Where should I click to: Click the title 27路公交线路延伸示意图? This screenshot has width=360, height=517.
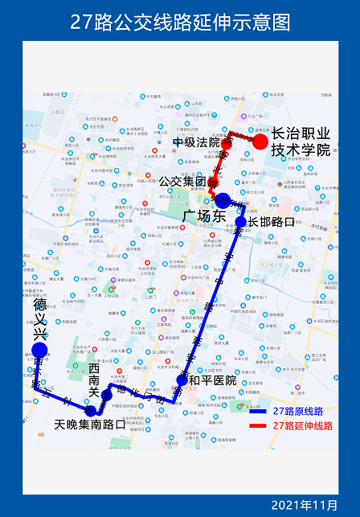[180, 22]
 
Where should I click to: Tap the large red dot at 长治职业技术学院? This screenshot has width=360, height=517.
[260, 142]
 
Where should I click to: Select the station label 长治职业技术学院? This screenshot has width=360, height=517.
[301, 142]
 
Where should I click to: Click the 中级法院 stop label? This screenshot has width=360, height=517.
[195, 143]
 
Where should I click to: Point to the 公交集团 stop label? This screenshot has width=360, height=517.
[182, 182]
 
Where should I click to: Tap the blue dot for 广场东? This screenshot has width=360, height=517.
[223, 200]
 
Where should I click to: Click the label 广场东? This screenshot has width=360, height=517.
[201, 216]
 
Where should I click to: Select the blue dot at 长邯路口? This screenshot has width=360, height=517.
[240, 222]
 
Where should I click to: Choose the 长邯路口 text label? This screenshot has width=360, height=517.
[272, 222]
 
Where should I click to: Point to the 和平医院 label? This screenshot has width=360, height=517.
[213, 380]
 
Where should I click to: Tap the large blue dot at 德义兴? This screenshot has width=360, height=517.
[39, 350]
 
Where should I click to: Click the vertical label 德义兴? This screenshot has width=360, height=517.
[39, 317]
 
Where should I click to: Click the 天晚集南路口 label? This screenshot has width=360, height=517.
[90, 424]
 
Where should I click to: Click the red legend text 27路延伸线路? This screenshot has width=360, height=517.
[302, 425]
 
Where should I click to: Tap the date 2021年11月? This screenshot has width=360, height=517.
[305, 504]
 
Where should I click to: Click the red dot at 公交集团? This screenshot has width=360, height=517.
[213, 183]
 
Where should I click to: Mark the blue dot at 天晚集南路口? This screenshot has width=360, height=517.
[90, 411]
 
